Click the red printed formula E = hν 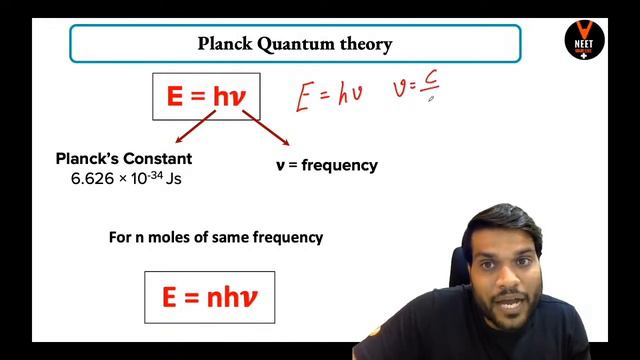[206, 95]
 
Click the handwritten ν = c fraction [419, 92]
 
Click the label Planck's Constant [123, 159]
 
